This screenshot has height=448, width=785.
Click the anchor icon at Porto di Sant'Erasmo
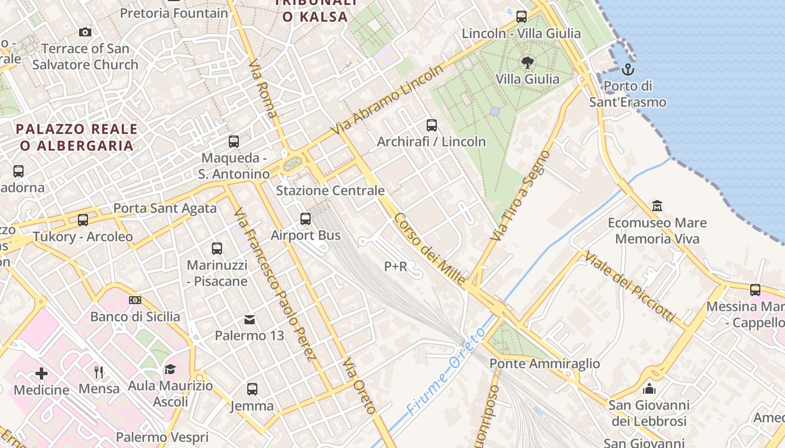pyautogui.click(x=627, y=70)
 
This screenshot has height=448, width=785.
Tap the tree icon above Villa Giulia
pyautogui.click(x=527, y=62)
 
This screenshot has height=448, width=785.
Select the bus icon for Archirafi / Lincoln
pyautogui.click(x=431, y=125)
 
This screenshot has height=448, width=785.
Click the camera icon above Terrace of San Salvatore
pyautogui.click(x=85, y=32)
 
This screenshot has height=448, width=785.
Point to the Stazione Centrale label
pyautogui.click(x=330, y=190)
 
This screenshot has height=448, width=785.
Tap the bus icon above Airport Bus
pyautogui.click(x=306, y=219)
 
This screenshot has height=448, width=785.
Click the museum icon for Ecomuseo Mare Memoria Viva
pyautogui.click(x=657, y=206)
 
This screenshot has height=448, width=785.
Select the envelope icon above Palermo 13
pyautogui.click(x=250, y=320)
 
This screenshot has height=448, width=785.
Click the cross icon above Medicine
pyautogui.click(x=41, y=374)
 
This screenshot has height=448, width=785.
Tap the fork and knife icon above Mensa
pyautogui.click(x=99, y=372)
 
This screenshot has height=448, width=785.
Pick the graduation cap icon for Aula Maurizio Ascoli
pyautogui.click(x=170, y=369)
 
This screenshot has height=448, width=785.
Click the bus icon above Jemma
pyautogui.click(x=252, y=389)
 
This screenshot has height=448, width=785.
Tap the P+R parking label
pyautogui.click(x=395, y=267)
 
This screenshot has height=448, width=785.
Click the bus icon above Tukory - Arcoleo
pyautogui.click(x=83, y=220)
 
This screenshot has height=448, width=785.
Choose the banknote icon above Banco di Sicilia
pyautogui.click(x=135, y=300)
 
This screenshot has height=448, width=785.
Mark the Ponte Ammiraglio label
pyautogui.click(x=544, y=364)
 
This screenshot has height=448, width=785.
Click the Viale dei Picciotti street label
pyautogui.click(x=630, y=287)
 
